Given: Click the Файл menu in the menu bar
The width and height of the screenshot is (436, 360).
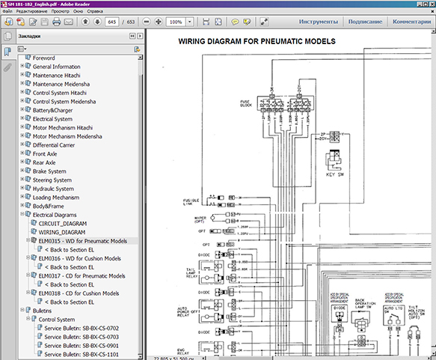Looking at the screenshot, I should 10,13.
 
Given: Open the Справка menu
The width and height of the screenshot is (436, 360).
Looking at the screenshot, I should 117,13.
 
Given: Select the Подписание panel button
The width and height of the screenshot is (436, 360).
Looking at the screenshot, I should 364,22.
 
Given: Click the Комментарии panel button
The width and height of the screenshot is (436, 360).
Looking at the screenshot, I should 411,22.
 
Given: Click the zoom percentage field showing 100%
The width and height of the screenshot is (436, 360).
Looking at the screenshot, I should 178,22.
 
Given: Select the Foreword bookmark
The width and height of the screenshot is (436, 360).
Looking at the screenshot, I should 43,58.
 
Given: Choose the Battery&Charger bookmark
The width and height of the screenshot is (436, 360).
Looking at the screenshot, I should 52,110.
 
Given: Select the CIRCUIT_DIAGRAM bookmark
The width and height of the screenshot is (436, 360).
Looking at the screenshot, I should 64,223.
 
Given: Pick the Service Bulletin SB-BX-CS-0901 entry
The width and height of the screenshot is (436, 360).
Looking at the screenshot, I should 82,345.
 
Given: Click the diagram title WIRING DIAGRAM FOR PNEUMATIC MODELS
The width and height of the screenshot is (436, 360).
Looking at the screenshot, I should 257,41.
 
